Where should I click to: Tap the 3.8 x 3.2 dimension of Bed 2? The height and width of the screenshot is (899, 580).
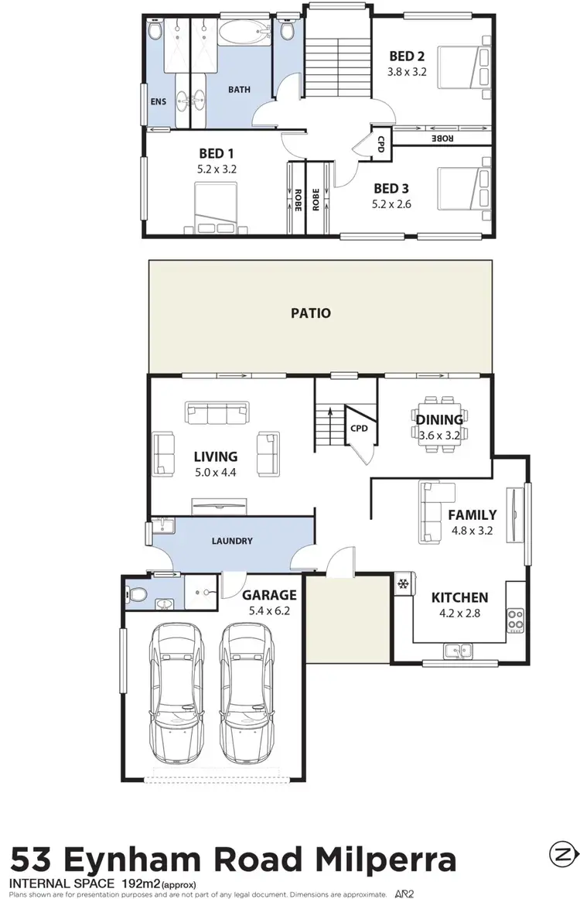pyautogui.click(x=408, y=71)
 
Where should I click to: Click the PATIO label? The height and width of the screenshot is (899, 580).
pyautogui.click(x=311, y=313)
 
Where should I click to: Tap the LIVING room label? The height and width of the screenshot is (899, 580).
pyautogui.click(x=216, y=456)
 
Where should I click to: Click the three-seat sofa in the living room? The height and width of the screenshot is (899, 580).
pyautogui.click(x=217, y=412)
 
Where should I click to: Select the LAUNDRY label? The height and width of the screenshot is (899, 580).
pyautogui.click(x=232, y=541)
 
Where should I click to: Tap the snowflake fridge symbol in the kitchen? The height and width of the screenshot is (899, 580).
pyautogui.click(x=402, y=583)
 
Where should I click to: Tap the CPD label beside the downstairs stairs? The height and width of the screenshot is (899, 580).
pyautogui.click(x=358, y=427)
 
